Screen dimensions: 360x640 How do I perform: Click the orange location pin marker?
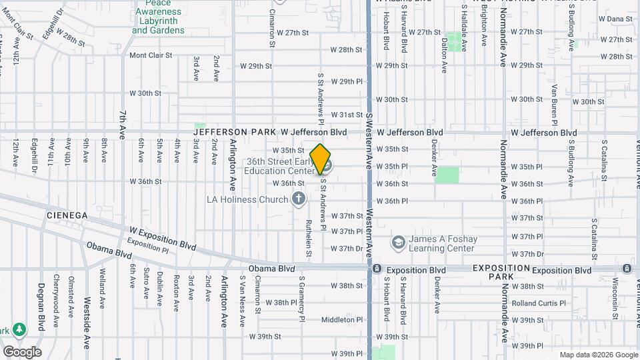pyautogui.click(x=321, y=159)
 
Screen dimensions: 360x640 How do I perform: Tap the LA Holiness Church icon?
pyautogui.click(x=299, y=199)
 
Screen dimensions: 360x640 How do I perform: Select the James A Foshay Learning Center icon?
pyautogui.click(x=398, y=241)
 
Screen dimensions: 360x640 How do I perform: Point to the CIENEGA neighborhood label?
pyautogui.click(x=67, y=215)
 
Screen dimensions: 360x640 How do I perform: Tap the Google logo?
pyautogui.click(x=21, y=352)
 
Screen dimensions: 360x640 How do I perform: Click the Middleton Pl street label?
pyautogui.click(x=342, y=320)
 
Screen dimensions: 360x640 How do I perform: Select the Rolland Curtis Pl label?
pyautogui.click(x=539, y=303)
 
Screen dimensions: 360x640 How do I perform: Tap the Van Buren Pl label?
pyautogui.click(x=554, y=105)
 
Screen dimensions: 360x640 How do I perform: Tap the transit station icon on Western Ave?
pyautogui.click(x=377, y=270)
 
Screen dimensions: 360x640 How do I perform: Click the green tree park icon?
pyautogui.click(x=19, y=329)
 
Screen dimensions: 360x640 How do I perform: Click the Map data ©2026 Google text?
pyautogui.click(x=597, y=355)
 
